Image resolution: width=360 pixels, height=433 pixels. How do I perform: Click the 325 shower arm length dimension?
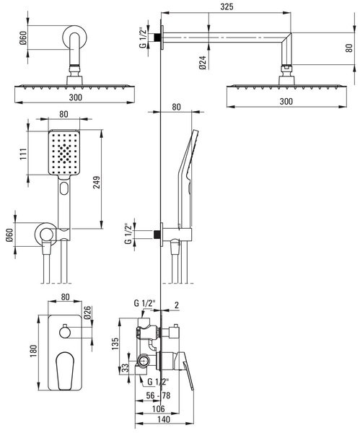tap(227, 6)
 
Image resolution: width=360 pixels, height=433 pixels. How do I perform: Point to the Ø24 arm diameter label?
tap(203, 62)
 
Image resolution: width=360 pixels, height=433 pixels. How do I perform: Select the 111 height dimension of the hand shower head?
tap(23, 154)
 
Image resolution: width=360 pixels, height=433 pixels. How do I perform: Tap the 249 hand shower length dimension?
tap(97, 183)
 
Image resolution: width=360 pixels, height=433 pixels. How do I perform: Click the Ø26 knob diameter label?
tap(87, 312)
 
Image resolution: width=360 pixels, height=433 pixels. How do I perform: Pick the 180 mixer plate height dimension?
tap(33, 351)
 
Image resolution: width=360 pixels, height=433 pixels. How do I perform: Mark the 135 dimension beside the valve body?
tap(115, 344)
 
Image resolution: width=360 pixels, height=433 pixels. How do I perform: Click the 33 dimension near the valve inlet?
tap(125, 368)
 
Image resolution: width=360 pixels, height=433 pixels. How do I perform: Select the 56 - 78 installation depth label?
tap(158, 395)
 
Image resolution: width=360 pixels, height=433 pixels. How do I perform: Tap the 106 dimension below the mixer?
tap(158, 408)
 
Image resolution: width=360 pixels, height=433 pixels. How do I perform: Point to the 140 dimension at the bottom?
tap(164, 419)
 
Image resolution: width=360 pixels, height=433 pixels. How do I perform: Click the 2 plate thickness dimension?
tap(177, 305)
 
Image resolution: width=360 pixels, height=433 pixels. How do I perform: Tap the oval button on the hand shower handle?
tap(64, 188)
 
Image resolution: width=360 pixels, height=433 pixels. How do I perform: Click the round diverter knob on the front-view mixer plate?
tap(66, 331)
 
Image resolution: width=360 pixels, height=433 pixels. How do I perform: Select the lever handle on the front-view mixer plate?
tap(65, 370)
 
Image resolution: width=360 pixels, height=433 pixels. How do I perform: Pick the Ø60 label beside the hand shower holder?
tap(10, 235)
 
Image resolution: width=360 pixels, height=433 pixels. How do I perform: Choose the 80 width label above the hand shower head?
tap(63, 114)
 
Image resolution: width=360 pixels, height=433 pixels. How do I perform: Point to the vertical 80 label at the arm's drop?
tap(349, 48)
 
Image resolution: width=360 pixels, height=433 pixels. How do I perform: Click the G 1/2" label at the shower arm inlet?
tap(142, 38)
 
